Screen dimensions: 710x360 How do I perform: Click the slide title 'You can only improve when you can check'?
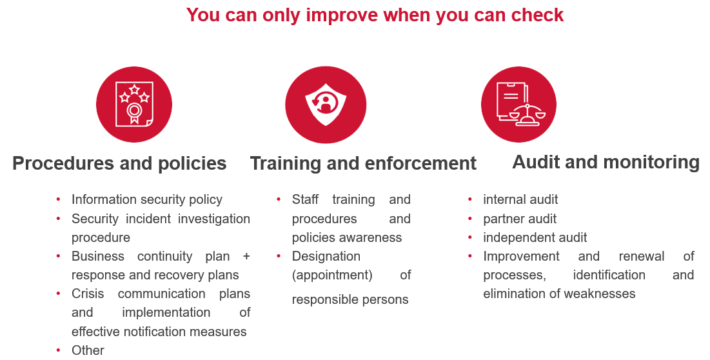click(375, 15)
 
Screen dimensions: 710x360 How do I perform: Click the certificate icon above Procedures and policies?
click(134, 105)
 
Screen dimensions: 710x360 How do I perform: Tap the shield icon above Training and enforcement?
click(326, 105)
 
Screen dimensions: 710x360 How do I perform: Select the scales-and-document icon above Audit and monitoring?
click(519, 105)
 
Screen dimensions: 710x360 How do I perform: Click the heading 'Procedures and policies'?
click(119, 163)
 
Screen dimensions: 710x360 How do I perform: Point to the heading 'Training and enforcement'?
click(363, 163)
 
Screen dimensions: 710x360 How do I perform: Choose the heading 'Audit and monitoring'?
click(606, 162)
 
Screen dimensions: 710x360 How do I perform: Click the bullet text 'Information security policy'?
click(147, 200)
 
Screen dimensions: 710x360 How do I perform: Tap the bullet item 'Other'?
click(88, 350)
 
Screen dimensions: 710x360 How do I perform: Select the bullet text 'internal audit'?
click(520, 200)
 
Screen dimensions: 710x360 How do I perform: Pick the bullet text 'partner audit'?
click(520, 219)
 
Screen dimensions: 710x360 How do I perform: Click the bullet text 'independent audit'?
click(535, 237)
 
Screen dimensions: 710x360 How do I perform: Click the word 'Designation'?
click(326, 256)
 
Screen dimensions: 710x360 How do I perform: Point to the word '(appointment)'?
click(332, 275)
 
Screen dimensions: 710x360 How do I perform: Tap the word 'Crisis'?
click(88, 294)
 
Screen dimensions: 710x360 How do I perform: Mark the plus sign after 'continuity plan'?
click(246, 256)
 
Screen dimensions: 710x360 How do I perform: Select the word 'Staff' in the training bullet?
click(305, 200)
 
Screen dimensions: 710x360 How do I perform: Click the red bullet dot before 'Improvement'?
click(470, 256)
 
